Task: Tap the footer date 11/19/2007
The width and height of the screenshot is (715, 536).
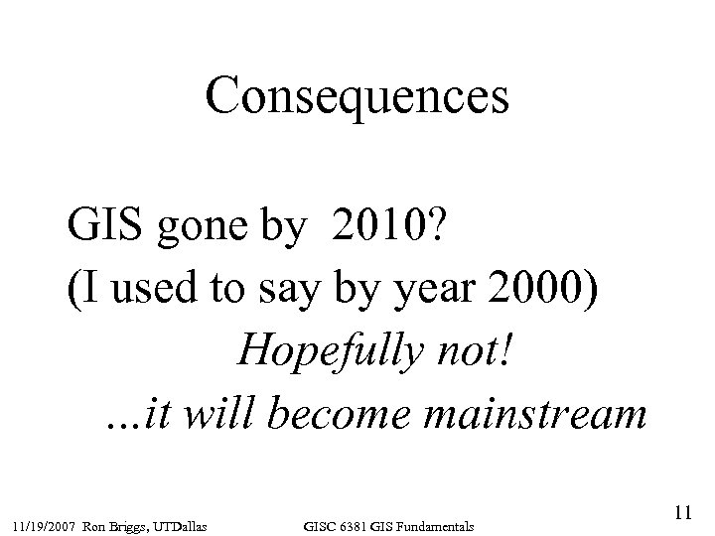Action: click(44, 523)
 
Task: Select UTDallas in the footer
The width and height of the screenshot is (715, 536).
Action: click(189, 523)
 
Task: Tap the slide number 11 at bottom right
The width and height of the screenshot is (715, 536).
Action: click(681, 513)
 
